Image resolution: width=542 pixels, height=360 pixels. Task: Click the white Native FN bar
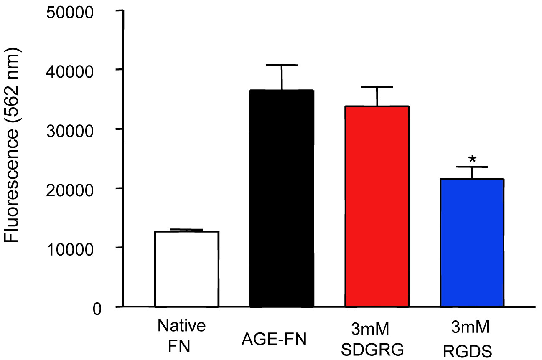(186, 269)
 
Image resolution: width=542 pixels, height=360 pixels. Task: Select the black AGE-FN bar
(282, 198)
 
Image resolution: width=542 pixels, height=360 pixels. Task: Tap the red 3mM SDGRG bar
(377, 206)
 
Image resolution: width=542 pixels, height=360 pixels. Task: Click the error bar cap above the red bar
(377, 87)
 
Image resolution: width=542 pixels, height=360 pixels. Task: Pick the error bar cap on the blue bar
(472, 167)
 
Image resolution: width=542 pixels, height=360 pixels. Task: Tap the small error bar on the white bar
(186, 230)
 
